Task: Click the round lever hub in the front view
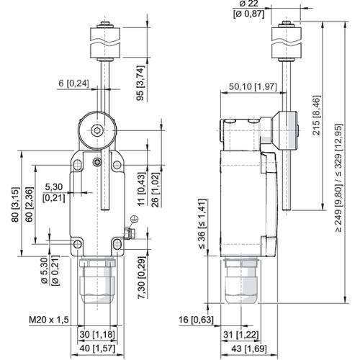(97, 130)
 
